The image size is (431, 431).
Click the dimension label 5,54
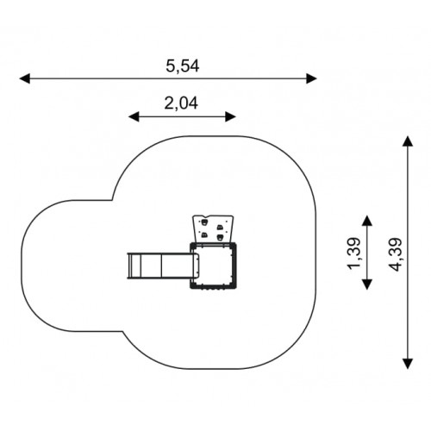(x=183, y=66)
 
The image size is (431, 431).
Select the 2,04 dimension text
(x=181, y=103)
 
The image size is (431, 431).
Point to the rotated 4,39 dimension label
(x=395, y=255)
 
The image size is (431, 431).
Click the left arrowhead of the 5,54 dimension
(x=25, y=78)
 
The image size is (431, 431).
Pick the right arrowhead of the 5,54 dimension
(x=311, y=78)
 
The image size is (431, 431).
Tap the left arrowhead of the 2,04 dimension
(x=134, y=117)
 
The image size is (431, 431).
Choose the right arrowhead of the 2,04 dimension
(x=231, y=117)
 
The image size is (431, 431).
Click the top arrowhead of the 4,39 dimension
(x=408, y=141)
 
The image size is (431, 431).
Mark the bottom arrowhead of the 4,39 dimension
(x=408, y=364)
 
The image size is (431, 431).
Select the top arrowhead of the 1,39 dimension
(x=367, y=221)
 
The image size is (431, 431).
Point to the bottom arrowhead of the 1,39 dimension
(x=367, y=284)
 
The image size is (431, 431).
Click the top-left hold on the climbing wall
(x=204, y=222)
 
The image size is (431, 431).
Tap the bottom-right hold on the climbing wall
(x=221, y=237)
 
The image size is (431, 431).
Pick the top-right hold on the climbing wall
(x=220, y=228)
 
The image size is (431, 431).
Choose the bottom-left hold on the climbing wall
(x=204, y=235)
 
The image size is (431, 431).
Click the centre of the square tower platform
(x=213, y=265)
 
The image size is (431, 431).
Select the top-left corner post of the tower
(x=192, y=245)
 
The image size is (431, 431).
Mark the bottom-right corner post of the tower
(x=234, y=285)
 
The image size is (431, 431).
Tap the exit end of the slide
(x=129, y=265)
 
